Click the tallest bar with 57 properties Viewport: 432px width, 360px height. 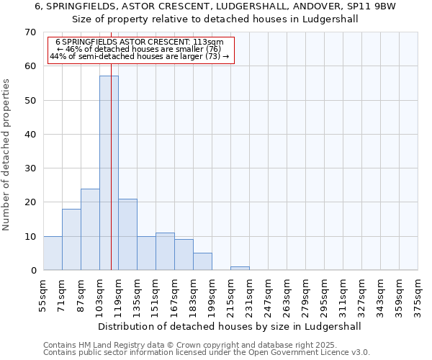[x=109, y=173]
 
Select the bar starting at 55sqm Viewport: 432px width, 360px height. [x=53, y=253]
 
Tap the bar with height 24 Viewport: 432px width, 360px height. [x=90, y=229]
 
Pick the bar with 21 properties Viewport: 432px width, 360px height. [x=127, y=234]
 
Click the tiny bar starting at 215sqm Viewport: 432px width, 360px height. [x=240, y=269]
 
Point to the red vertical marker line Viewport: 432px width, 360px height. [x=112, y=180]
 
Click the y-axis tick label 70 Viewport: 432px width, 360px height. [x=30, y=32]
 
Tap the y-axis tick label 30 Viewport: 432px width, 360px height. [x=30, y=168]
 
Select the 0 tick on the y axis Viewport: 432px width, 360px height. [x=32, y=271]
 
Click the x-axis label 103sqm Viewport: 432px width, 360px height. [x=99, y=295]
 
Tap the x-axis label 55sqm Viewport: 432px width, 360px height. [x=43, y=295]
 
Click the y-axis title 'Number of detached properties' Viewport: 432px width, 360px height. [x=6, y=155]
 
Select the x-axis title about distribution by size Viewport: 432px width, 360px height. [x=228, y=326]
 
